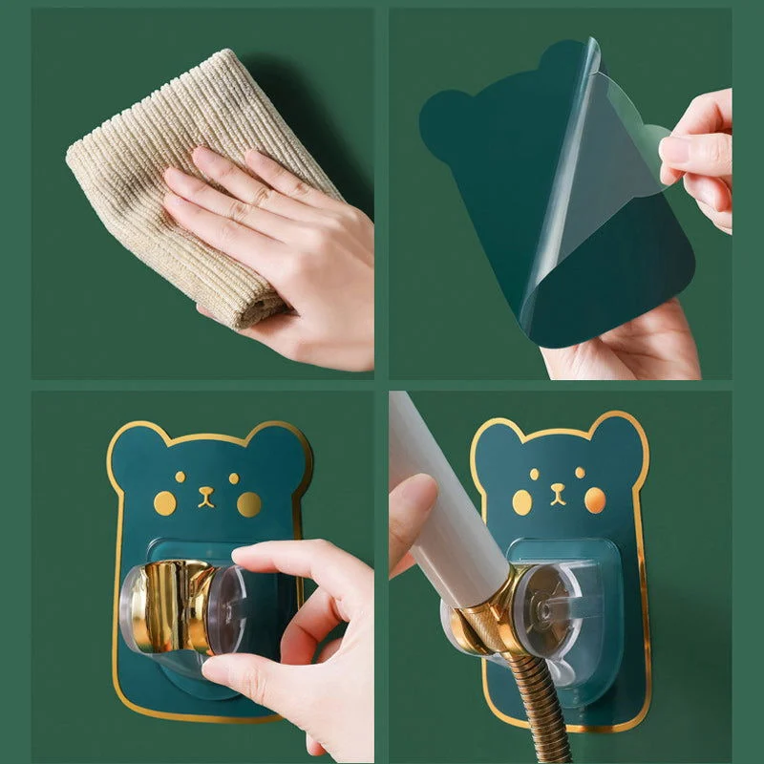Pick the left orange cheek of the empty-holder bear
point(165,503)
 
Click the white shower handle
point(449,497)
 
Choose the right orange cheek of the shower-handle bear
point(594,499)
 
